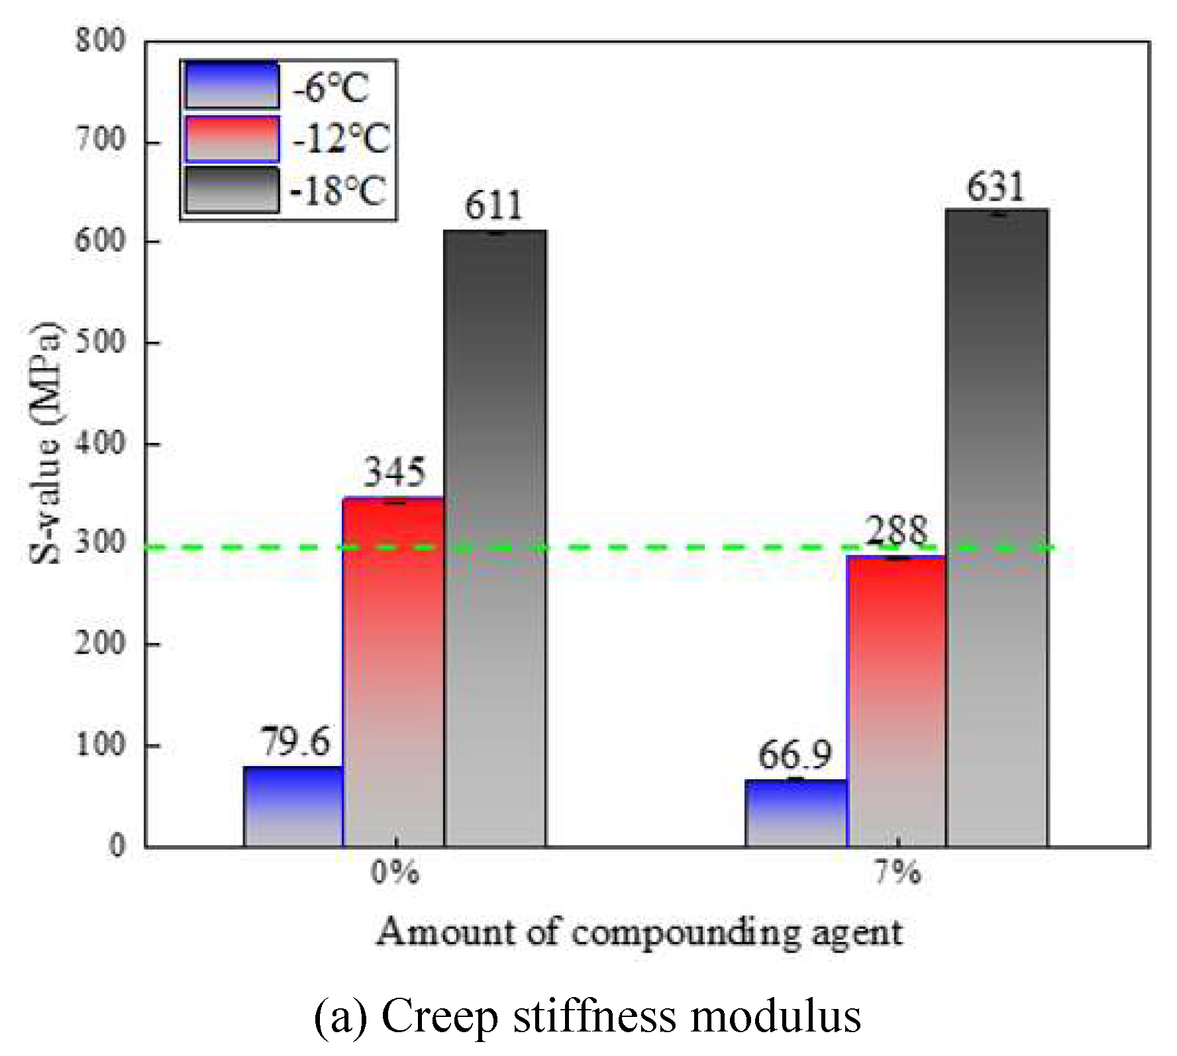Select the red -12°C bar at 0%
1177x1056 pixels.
pyautogui.click(x=393, y=672)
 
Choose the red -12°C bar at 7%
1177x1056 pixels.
pyautogui.click(x=896, y=702)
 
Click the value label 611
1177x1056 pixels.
pyautogui.click(x=493, y=206)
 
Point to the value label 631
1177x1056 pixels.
pyautogui.click(x=996, y=187)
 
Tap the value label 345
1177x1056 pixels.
pyautogui.click(x=395, y=473)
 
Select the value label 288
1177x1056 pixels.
pyautogui.click(x=897, y=531)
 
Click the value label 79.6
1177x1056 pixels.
pyautogui.click(x=294, y=742)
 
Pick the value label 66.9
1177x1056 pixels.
pyautogui.click(x=794, y=755)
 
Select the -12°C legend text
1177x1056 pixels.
pyautogui.click(x=340, y=139)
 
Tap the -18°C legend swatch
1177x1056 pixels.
pyautogui.click(x=232, y=191)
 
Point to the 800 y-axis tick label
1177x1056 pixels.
pyautogui.click(x=99, y=41)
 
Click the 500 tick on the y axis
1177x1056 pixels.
pyautogui.click(x=99, y=343)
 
